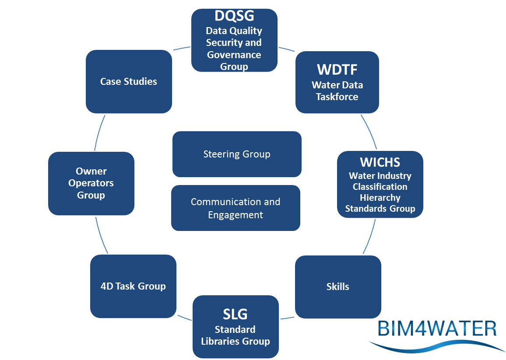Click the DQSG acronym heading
click(234, 16)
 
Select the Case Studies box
click(129, 81)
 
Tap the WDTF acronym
click(337, 70)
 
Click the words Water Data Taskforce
click(337, 91)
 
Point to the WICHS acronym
click(380, 162)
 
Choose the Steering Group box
click(237, 154)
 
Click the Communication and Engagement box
click(235, 208)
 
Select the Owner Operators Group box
click(91, 183)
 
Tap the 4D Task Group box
click(133, 287)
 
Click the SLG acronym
click(235, 314)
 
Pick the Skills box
click(338, 287)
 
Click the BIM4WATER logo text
click(436, 329)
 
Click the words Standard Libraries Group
click(235, 336)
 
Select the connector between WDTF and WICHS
click(370, 132)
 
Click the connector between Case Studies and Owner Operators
click(99, 133)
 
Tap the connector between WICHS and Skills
click(370, 236)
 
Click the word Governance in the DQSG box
click(234, 55)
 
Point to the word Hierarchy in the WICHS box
click(380, 198)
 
